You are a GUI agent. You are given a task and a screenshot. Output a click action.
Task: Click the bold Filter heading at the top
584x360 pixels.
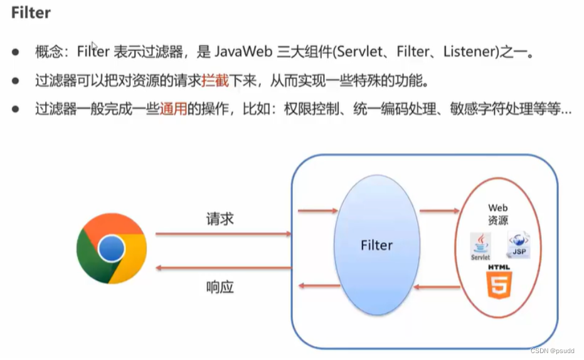[x=31, y=13]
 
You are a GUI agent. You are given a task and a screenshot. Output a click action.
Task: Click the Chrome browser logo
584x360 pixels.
[x=112, y=250]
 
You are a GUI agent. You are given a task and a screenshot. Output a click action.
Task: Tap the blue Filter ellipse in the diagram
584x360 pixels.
[x=376, y=245]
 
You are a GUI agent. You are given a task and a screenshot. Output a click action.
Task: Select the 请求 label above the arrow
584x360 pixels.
[x=220, y=219]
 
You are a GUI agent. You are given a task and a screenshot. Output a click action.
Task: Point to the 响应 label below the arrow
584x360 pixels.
[x=220, y=287]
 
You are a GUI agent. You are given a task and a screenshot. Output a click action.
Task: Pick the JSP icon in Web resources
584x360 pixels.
[x=519, y=245]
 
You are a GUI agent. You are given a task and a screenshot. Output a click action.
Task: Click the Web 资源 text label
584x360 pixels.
[x=498, y=214]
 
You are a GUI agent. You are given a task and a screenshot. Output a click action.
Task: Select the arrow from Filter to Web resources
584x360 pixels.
[x=439, y=211]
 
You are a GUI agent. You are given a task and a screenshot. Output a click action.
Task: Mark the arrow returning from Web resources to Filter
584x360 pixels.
[x=439, y=288]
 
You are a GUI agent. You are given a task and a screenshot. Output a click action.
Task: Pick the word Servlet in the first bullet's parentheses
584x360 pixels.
[x=359, y=52]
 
